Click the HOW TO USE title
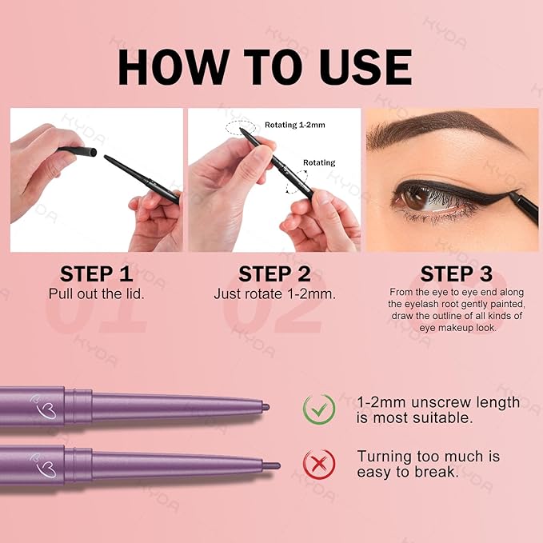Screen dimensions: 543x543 (265, 67)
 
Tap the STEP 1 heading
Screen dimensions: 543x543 (96, 275)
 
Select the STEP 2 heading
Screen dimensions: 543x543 (276, 275)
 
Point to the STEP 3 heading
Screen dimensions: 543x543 (453, 275)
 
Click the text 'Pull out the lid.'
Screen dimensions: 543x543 (96, 293)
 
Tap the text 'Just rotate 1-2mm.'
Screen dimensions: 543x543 (276, 293)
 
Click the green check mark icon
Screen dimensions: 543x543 (318, 409)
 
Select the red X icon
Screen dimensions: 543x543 (318, 464)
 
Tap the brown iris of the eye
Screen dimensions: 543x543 (420, 198)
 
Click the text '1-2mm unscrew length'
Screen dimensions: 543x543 (438, 402)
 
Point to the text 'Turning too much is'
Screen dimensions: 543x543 (428, 456)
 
